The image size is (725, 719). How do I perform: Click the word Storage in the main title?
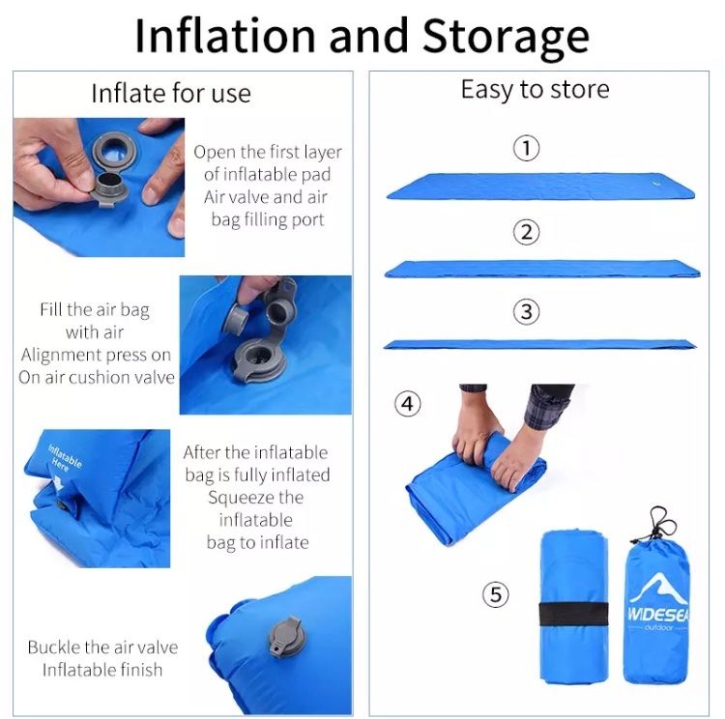(506, 37)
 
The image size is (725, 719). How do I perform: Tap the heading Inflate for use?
(171, 93)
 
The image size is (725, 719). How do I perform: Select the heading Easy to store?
(535, 89)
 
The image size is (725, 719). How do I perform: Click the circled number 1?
(526, 149)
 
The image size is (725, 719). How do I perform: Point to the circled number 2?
(526, 232)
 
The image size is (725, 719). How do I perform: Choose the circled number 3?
(526, 311)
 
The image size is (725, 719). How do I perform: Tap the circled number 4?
(407, 404)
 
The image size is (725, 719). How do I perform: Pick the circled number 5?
(496, 594)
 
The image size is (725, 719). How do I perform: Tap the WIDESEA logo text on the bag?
(658, 614)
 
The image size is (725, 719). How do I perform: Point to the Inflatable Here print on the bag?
(64, 459)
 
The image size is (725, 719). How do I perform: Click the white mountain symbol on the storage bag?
(658, 589)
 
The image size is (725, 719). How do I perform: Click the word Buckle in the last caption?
(52, 647)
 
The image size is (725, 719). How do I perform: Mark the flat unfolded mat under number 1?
(541, 186)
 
